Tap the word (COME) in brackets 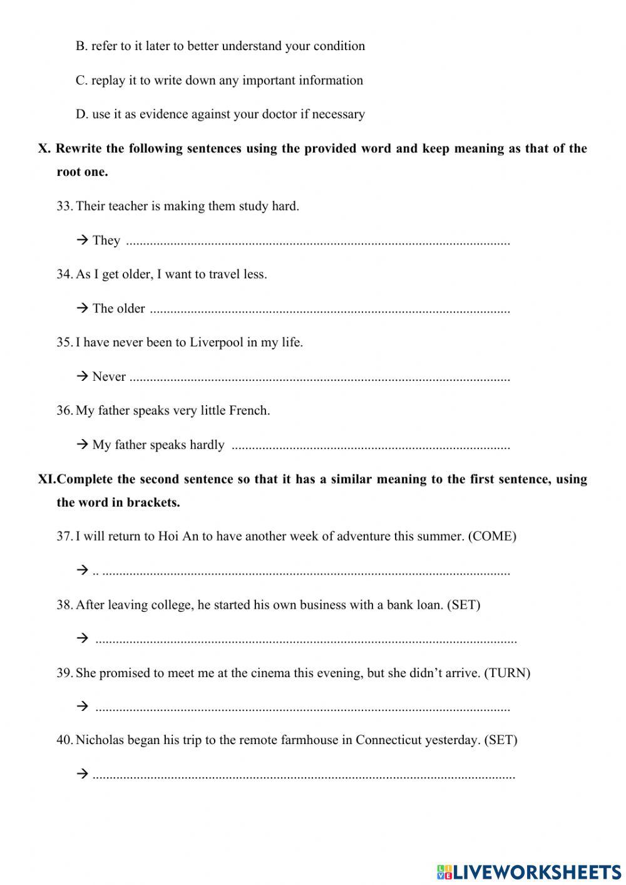pos(492,536)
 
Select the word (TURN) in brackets pos(507,673)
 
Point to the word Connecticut pos(389,740)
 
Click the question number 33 pos(64,206)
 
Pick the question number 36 pos(64,410)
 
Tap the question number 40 pos(64,740)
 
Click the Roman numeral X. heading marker pos(44,148)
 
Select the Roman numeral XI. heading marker pos(46,479)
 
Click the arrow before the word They pos(82,240)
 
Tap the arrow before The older pos(82,308)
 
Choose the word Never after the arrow pos(109,376)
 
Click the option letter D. pos(81,114)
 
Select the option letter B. pos(81,46)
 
